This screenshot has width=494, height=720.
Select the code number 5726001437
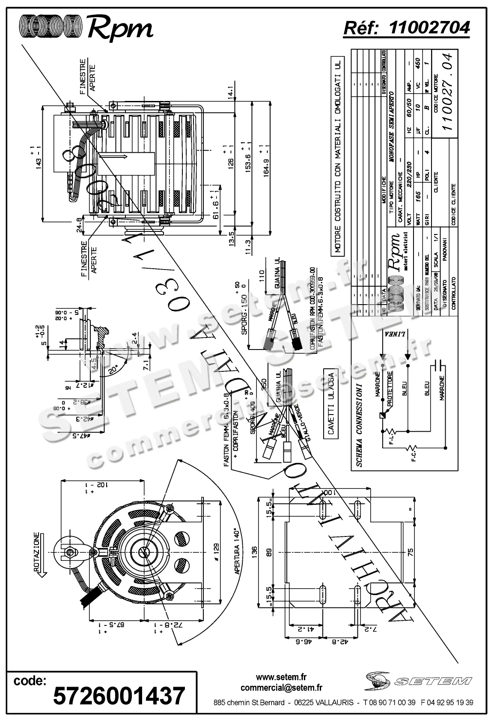tap(119, 696)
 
